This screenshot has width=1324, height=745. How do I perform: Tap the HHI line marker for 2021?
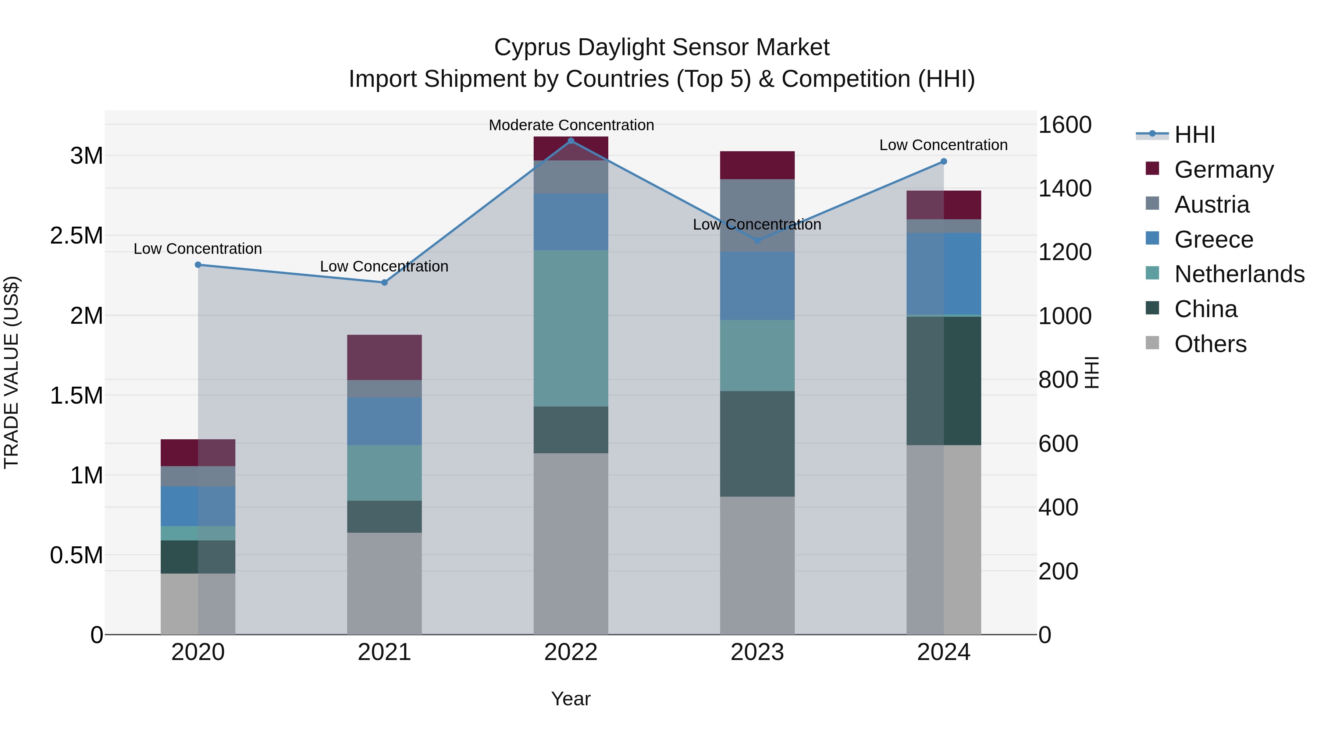tap(384, 282)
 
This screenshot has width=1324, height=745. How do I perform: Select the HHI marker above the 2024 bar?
tap(944, 162)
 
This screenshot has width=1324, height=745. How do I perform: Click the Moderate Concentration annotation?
tap(571, 125)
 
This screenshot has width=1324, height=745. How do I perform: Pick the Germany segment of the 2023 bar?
tap(757, 165)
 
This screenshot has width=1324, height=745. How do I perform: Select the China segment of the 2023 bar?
tap(757, 444)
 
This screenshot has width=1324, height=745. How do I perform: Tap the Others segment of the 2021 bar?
tap(384, 583)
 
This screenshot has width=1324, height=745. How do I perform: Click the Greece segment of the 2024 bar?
tap(944, 273)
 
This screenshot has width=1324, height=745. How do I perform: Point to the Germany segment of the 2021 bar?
tap(384, 357)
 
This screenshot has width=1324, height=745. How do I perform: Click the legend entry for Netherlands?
tap(1239, 274)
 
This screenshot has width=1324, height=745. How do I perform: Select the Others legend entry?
tap(1210, 344)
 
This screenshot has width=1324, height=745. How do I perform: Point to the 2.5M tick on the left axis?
tap(76, 236)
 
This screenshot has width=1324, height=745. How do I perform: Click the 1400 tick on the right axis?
tap(1064, 189)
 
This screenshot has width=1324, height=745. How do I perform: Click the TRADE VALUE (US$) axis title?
tap(11, 372)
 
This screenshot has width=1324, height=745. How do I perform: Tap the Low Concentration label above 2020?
tap(197, 249)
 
